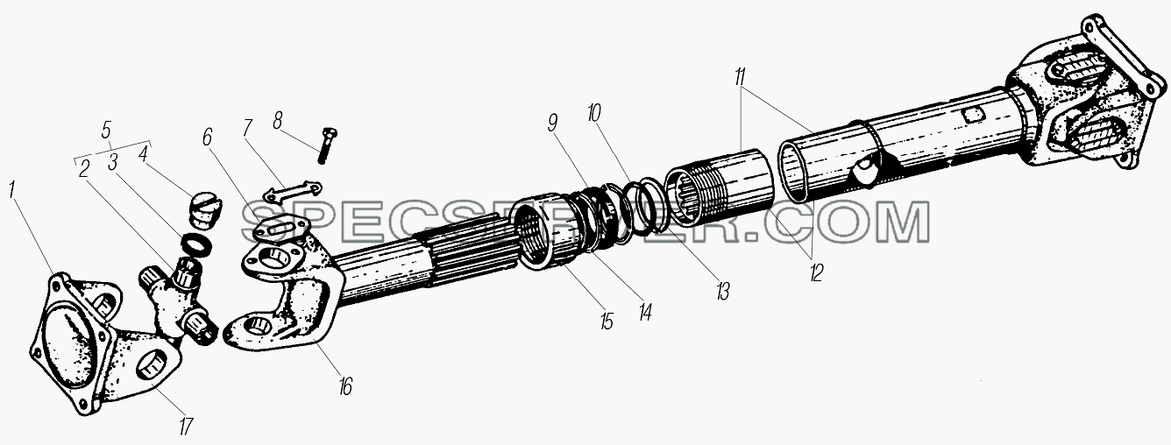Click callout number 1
coord(12,190)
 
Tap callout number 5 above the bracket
coord(107,129)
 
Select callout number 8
coord(277,121)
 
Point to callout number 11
coord(740,76)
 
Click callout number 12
coord(817,272)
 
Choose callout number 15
coord(607,321)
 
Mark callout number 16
coord(345,386)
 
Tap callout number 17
coord(185,427)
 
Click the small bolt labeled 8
coord(327,145)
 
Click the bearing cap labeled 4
coord(205,210)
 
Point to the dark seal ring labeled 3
coord(196,244)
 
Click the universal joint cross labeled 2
coord(178,303)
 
